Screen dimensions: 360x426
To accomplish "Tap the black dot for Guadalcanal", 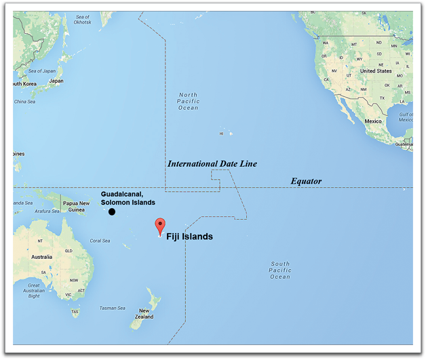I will point(112,212).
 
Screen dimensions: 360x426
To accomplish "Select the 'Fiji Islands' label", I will point(190,237).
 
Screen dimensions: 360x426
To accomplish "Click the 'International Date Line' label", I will point(212,164).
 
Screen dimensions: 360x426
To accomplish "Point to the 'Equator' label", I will point(306,181).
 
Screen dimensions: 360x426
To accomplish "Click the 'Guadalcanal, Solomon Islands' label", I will point(128,198).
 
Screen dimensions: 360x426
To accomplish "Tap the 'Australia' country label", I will point(41,257).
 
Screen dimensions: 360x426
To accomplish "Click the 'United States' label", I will point(375,71).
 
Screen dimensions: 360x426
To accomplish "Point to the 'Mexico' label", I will point(373,121).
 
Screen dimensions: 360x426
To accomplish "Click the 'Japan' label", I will point(56,81).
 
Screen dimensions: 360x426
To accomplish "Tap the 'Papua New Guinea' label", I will point(76,206).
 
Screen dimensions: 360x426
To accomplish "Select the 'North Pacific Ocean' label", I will point(188,101).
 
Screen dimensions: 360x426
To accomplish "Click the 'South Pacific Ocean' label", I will point(280,270).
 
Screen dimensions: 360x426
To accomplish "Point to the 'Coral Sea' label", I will point(100,241).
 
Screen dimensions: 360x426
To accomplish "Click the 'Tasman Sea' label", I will point(113,308).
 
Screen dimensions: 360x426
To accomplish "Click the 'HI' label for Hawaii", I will point(221,134).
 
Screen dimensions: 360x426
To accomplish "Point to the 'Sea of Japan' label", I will point(41,71).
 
